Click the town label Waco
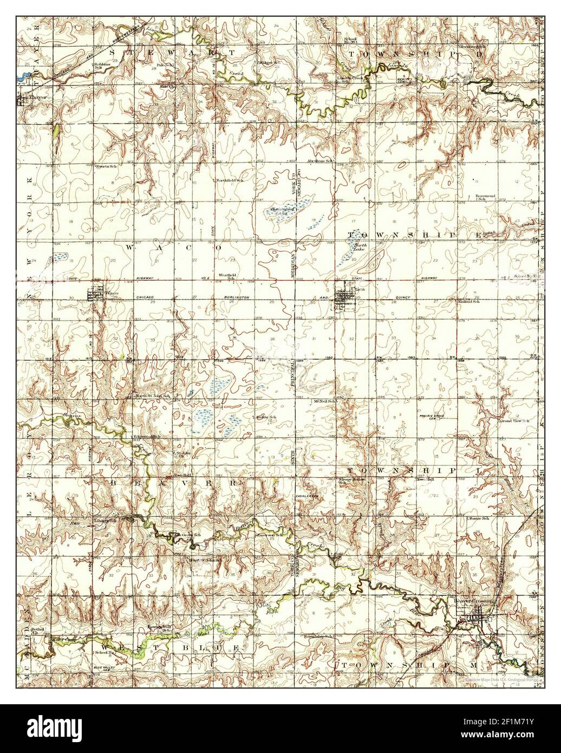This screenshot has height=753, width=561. pyautogui.click(x=112, y=293)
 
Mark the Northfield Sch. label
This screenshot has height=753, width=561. pyautogui.click(x=230, y=180)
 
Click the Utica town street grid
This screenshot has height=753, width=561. pyautogui.click(x=343, y=301)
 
